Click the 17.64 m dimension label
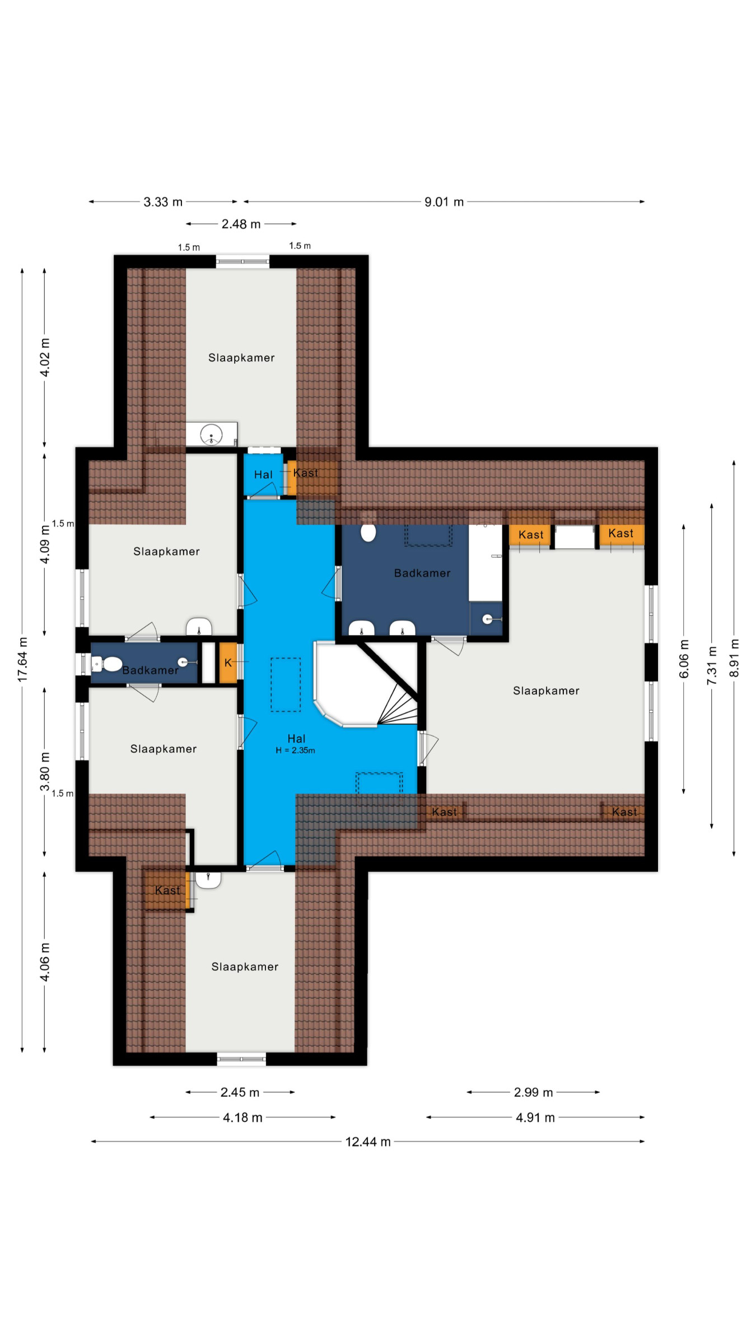[22, 659]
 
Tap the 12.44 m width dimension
[368, 1142]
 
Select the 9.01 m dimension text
[444, 202]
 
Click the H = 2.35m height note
[295, 750]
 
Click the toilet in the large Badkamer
[368, 532]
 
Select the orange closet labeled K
[228, 663]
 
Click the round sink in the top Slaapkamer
[212, 435]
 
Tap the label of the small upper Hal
[263, 475]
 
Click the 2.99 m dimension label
[533, 1092]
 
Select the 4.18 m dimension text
[242, 1117]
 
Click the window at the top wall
[242, 261]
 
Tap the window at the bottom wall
[241, 1059]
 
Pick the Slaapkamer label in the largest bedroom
[546, 691]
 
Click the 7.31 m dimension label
[712, 665]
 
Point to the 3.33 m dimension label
[163, 202]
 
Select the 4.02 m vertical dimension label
[45, 357]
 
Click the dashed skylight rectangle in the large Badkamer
[428, 536]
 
